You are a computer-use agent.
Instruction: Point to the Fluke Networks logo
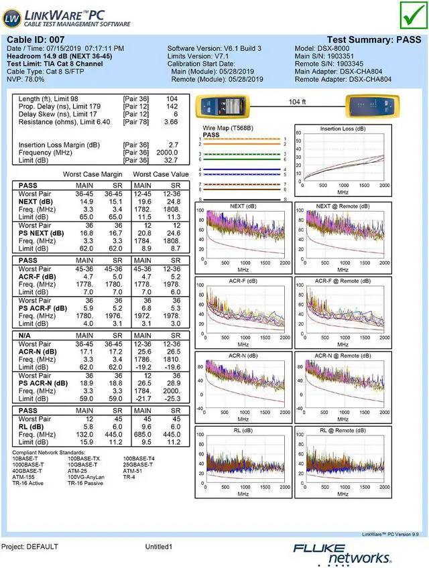(342, 553)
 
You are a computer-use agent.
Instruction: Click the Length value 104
(172, 98)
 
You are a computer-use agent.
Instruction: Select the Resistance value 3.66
(171, 123)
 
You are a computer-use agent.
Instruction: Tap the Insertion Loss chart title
(343, 129)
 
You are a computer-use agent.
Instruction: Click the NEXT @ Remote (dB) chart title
(343, 206)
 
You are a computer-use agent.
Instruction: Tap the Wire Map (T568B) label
(227, 127)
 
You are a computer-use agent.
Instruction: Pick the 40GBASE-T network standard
(27, 470)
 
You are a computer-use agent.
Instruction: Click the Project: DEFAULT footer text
(30, 547)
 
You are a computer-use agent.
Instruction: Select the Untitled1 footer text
(159, 547)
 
